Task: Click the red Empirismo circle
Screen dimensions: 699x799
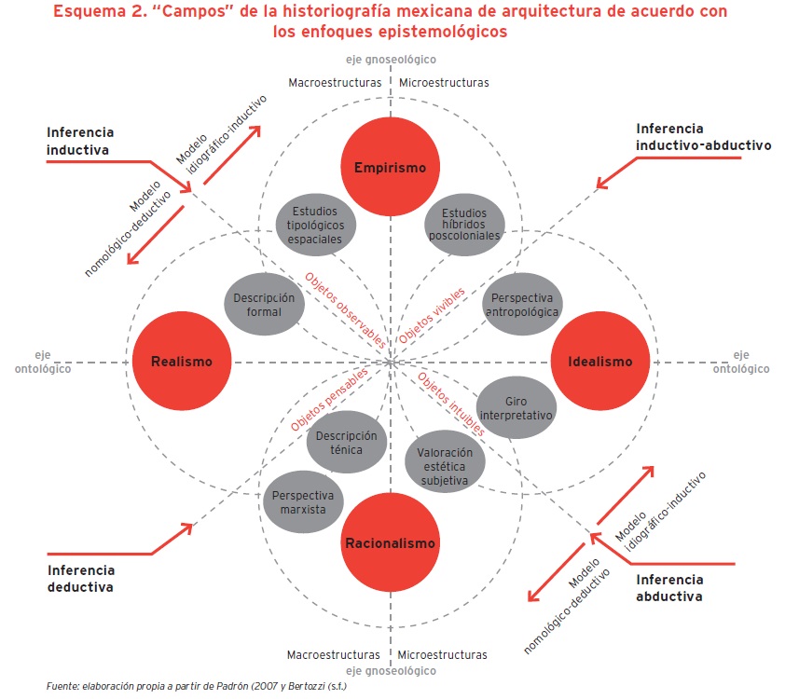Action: (390, 168)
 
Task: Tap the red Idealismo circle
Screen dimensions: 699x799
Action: (599, 361)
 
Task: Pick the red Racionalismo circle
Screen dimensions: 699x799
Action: (391, 541)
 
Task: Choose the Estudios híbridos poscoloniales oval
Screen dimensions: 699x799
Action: (464, 225)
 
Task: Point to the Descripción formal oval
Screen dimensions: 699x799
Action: (264, 304)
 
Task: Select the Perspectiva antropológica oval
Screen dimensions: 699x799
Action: (522, 305)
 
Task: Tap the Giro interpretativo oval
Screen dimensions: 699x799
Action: (516, 406)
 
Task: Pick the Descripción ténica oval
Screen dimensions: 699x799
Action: (347, 443)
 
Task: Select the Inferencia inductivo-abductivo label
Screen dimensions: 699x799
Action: (690, 137)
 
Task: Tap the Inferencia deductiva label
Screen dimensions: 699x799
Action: (81, 578)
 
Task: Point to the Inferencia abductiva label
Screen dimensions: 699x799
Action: (668, 587)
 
